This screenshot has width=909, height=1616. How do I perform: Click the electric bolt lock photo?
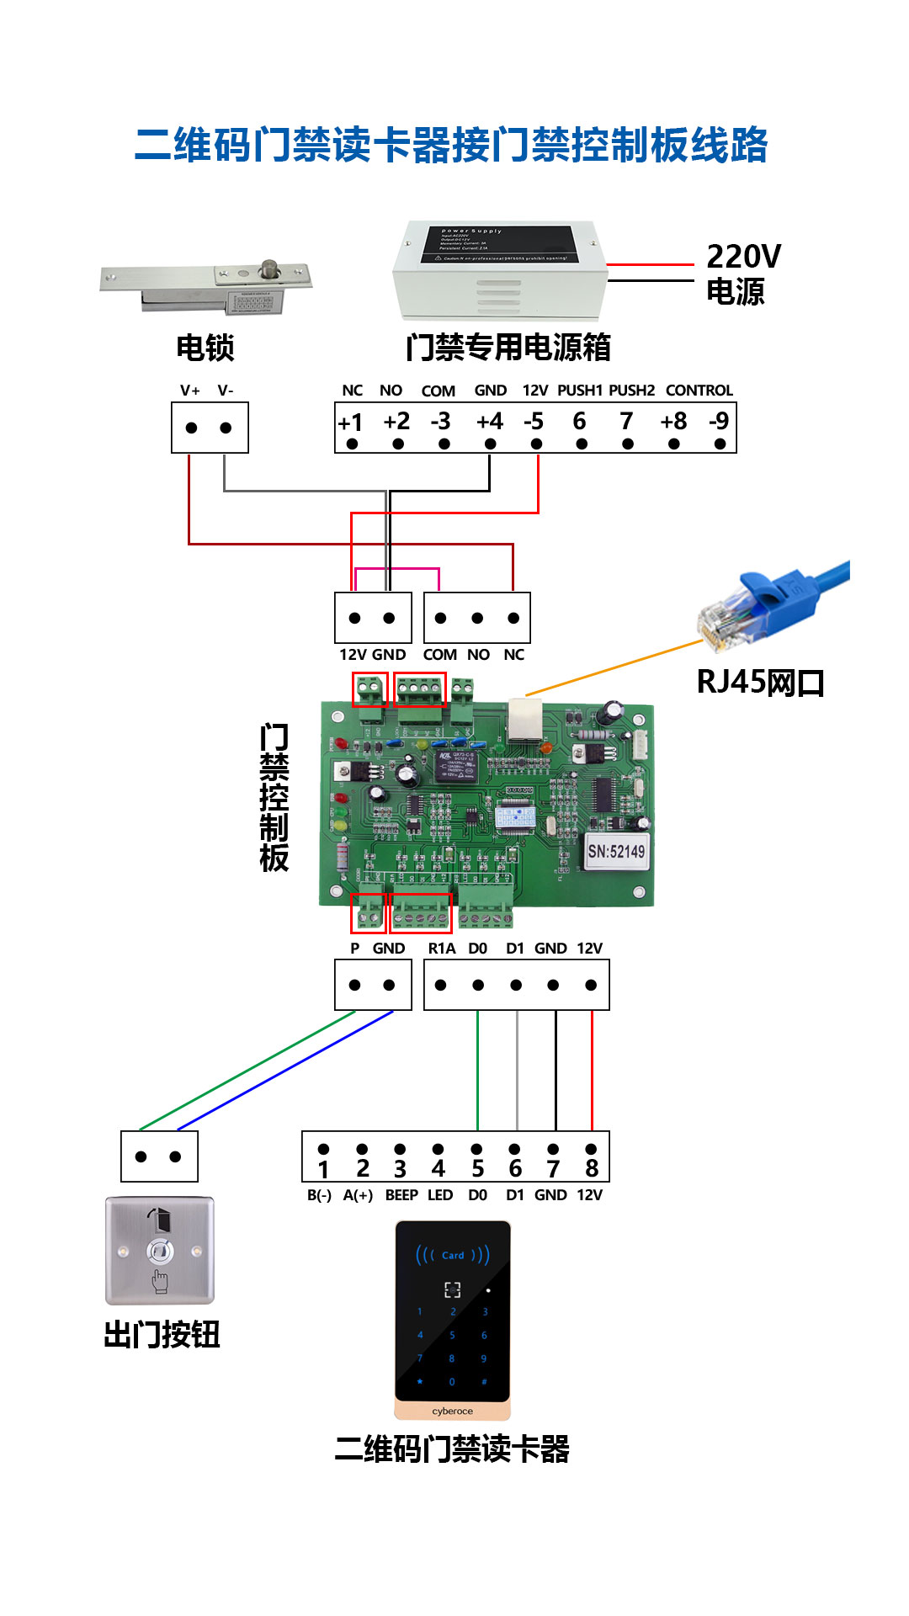coord(206,286)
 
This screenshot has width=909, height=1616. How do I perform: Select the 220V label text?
coord(743,256)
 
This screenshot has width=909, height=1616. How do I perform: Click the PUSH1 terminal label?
coord(580,391)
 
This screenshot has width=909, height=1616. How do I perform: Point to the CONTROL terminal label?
coord(699,391)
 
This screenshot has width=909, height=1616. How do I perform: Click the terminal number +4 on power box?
coord(489,421)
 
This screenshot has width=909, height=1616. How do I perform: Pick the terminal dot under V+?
coord(191,428)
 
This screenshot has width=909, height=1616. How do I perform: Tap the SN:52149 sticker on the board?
coord(616,851)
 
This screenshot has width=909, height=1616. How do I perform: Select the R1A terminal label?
coord(441,949)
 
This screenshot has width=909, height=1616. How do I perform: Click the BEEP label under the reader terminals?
coord(401,1195)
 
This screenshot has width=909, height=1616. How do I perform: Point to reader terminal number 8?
coord(592,1168)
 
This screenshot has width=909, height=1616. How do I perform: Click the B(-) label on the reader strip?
coord(319,1195)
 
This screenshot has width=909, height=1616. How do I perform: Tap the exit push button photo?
coord(160,1251)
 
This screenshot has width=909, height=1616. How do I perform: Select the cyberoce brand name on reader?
coord(453,1411)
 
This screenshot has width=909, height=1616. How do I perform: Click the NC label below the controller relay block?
coord(513,655)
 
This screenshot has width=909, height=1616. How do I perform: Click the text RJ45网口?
coord(760,682)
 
